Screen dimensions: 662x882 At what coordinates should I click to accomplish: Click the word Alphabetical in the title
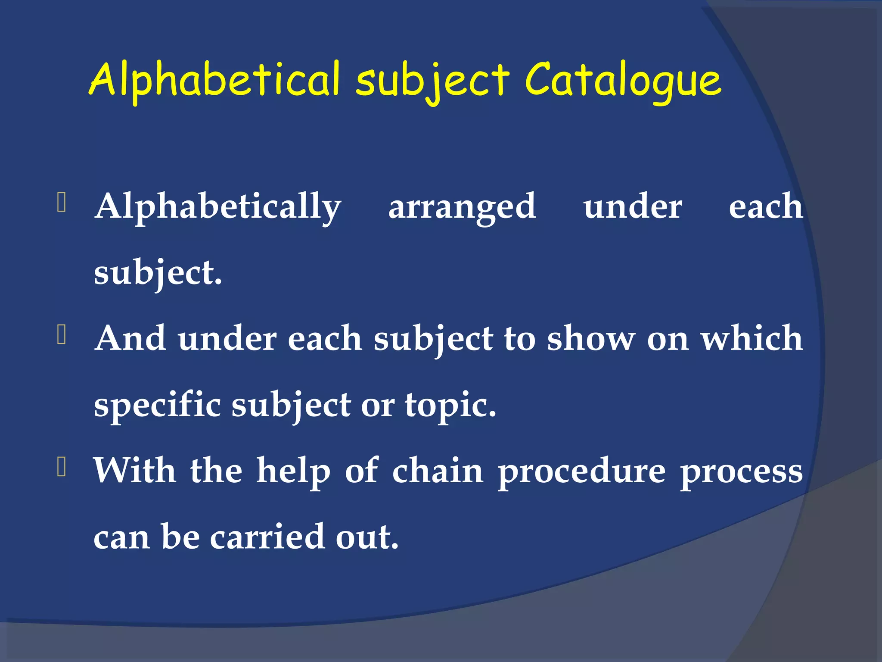pyautogui.click(x=215, y=80)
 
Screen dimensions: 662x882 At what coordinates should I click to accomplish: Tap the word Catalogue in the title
pyautogui.click(x=623, y=80)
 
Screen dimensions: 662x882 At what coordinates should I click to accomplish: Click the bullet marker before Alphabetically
pyautogui.click(x=61, y=203)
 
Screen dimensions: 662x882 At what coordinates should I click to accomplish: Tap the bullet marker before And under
pyautogui.click(x=61, y=335)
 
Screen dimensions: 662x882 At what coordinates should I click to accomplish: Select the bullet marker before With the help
pyautogui.click(x=61, y=467)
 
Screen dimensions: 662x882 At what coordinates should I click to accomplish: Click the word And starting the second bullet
pyautogui.click(x=130, y=338)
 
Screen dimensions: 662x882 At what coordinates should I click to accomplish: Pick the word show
pyautogui.click(x=591, y=338)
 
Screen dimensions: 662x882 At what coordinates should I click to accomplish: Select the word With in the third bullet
pyautogui.click(x=135, y=471)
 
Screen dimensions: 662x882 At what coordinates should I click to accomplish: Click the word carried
pyautogui.click(x=267, y=537)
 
